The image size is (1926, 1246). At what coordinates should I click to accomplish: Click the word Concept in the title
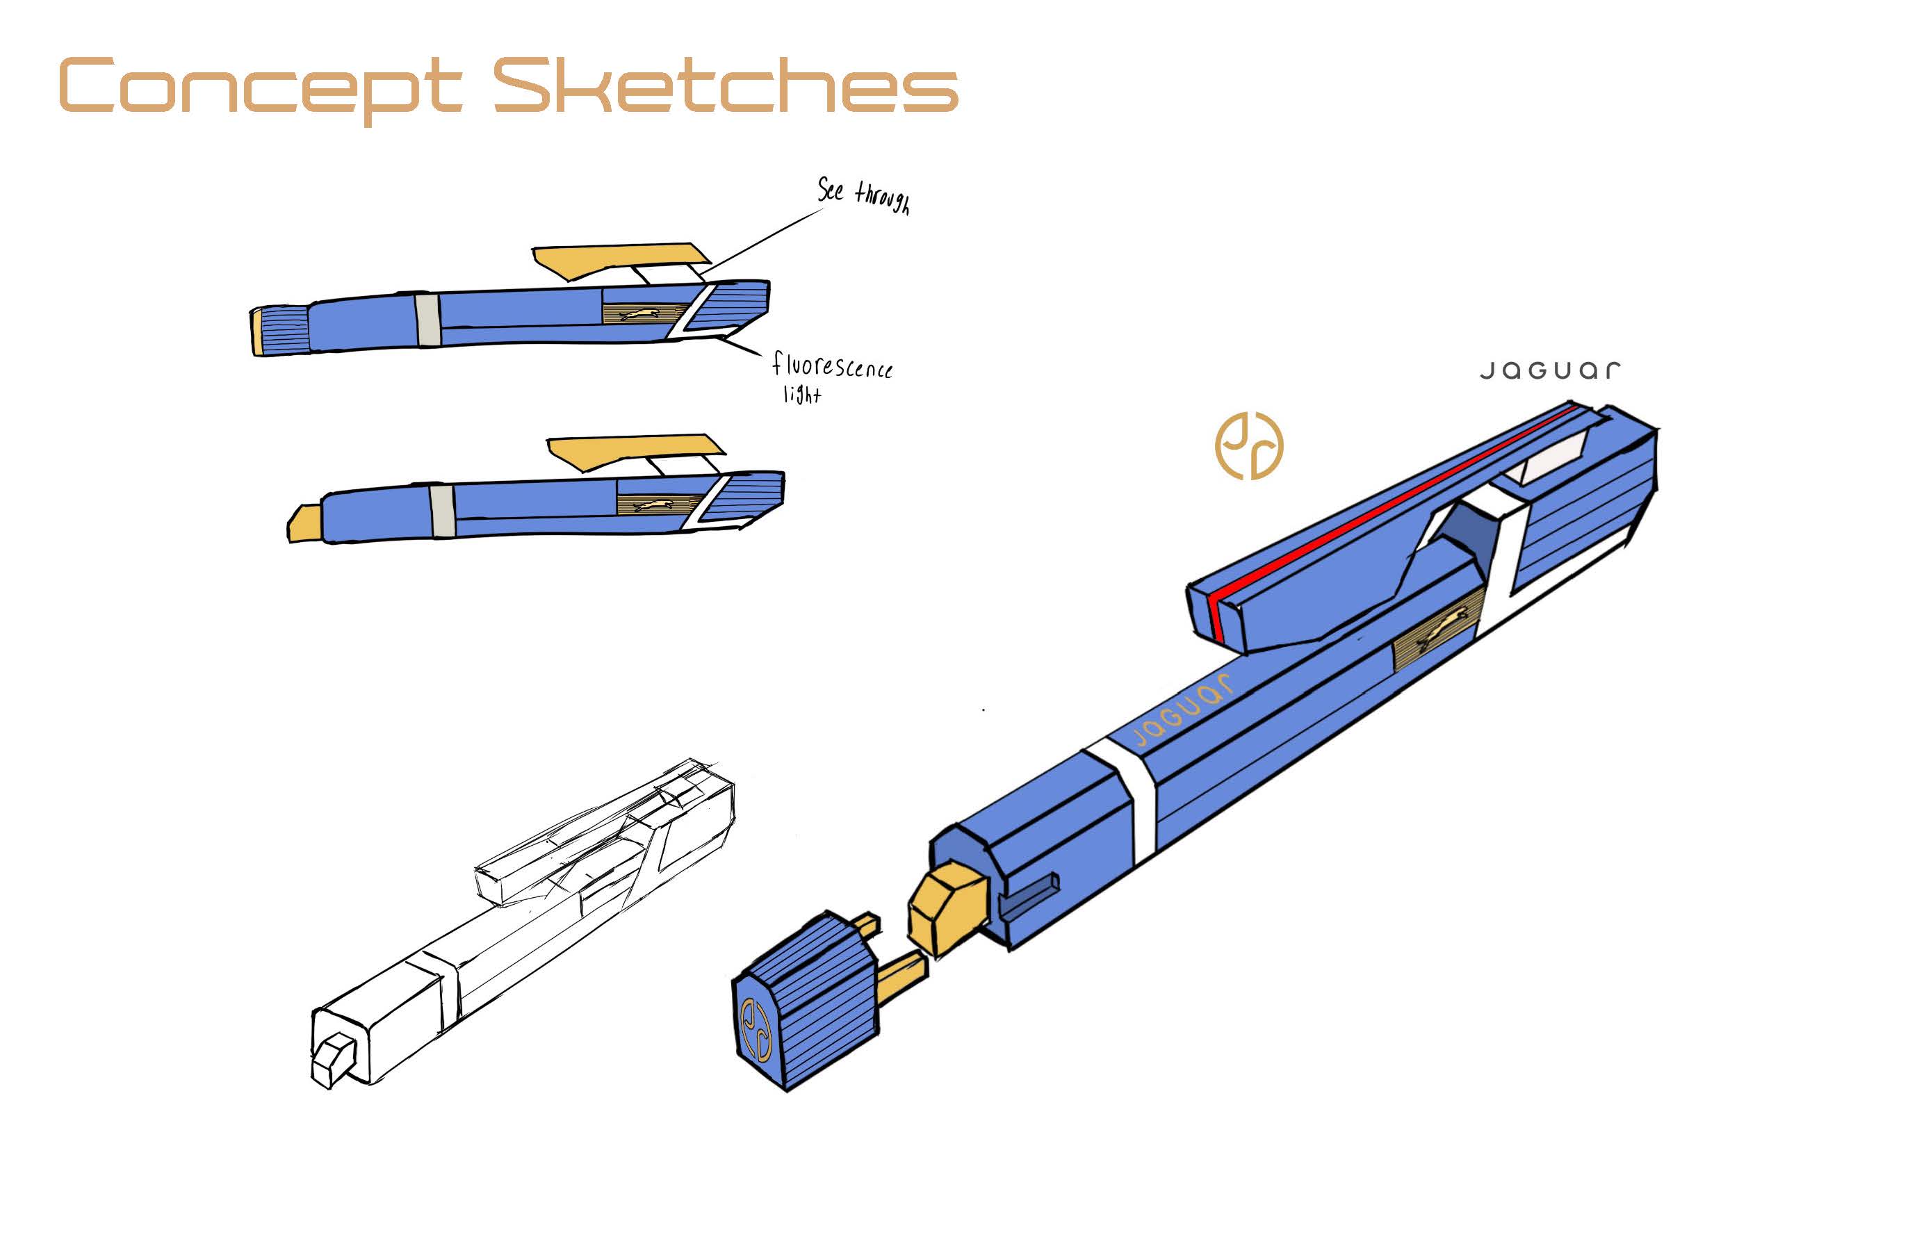coord(259,87)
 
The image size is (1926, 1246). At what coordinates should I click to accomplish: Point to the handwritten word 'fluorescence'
coord(832,366)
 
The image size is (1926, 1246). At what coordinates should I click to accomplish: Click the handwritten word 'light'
coord(801,394)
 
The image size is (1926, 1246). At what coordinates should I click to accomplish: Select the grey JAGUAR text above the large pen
coord(1550,370)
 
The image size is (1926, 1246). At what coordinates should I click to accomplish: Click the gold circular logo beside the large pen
coord(1248,446)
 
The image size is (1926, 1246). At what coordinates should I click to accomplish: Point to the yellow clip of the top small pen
coord(615,259)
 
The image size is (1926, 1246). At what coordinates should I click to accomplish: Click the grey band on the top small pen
coord(427,320)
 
